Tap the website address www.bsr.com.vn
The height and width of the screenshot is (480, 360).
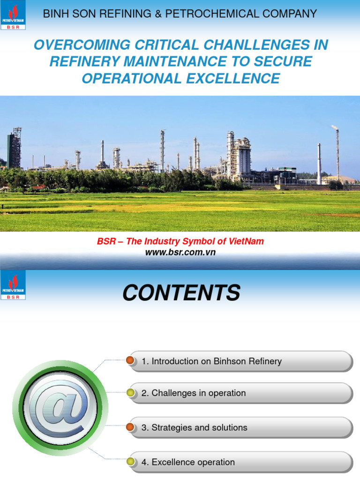tap(180, 252)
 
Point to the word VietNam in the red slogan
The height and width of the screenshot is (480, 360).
tap(247, 241)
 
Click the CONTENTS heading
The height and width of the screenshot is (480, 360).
tap(181, 293)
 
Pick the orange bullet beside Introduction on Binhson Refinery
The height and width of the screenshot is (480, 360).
tap(130, 361)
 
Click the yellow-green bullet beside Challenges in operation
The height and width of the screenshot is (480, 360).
tap(130, 393)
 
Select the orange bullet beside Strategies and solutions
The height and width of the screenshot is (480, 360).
tap(130, 427)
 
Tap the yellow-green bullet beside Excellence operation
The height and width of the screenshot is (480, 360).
tap(130, 462)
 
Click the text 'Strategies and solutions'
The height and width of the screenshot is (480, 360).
tap(199, 427)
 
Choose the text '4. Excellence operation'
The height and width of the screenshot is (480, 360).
tap(188, 462)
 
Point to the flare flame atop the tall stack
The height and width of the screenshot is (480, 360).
tap(335, 127)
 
